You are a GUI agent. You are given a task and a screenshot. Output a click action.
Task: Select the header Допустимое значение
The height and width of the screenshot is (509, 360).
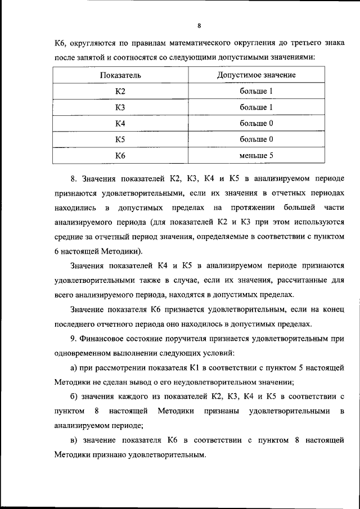click(256, 75)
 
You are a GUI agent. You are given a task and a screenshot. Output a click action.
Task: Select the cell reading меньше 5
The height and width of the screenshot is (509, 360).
click(256, 155)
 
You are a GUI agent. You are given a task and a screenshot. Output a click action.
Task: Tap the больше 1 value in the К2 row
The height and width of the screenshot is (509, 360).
click(256, 91)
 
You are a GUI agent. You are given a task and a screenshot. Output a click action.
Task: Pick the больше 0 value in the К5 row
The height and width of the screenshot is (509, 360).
click(256, 138)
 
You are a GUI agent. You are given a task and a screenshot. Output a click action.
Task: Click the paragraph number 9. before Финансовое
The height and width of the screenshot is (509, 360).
click(74, 339)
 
